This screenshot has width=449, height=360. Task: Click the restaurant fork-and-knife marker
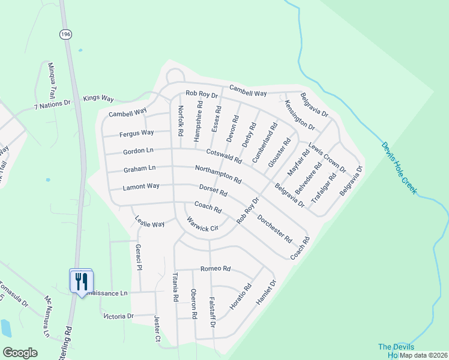81,280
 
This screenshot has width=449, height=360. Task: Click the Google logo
20,353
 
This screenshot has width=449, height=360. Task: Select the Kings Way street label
98,98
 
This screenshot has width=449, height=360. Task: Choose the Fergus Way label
137,133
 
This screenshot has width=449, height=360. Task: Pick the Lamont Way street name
141,187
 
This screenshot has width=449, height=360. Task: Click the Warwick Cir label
201,224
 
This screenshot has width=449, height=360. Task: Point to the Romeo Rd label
215,269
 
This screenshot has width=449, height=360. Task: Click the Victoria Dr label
118,316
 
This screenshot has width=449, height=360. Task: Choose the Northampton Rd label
218,175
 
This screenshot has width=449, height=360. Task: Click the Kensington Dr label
300,115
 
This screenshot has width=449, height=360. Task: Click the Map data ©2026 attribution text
423,355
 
